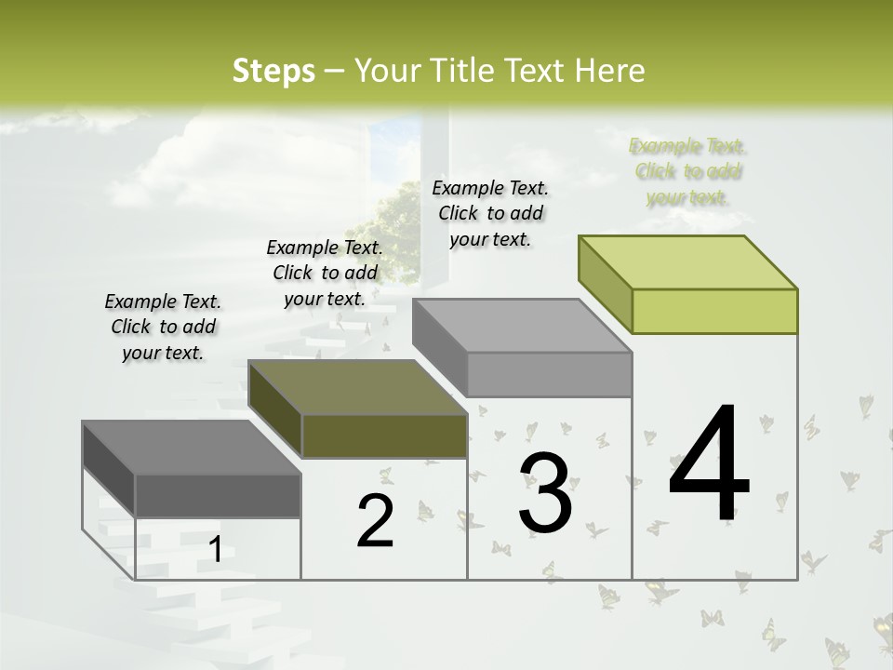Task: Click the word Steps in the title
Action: [273, 71]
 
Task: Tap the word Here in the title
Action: [609, 71]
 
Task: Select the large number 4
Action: [709, 465]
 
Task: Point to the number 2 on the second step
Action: [375, 521]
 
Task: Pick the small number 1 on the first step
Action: [215, 550]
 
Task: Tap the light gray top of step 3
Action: [522, 326]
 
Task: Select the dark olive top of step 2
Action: [358, 387]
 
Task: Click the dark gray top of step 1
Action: [192, 448]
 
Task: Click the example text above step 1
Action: [163, 327]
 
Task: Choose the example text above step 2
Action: [325, 273]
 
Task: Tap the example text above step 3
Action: [490, 213]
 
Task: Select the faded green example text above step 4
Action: [687, 171]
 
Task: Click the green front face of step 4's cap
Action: [714, 311]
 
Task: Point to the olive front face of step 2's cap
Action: [384, 435]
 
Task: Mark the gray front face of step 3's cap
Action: [549, 374]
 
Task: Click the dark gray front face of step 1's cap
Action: [218, 495]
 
